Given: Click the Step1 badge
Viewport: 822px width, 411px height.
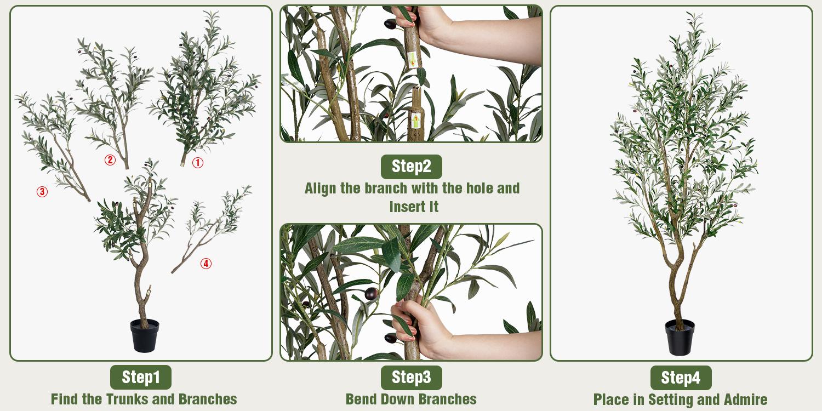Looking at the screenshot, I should pyautogui.click(x=141, y=377).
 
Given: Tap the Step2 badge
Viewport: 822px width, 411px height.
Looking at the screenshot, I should pyautogui.click(x=411, y=167).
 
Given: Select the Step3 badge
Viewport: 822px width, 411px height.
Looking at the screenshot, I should pyautogui.click(x=411, y=377).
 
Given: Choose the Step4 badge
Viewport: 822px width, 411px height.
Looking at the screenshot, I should pyautogui.click(x=681, y=378).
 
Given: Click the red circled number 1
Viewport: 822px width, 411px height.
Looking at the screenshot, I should pyautogui.click(x=197, y=163).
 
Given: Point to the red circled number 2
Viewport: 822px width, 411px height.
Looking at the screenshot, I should pyautogui.click(x=110, y=160).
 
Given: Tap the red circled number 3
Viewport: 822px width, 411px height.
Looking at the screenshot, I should pyautogui.click(x=42, y=192).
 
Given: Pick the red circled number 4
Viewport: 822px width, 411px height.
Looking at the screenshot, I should pyautogui.click(x=206, y=264).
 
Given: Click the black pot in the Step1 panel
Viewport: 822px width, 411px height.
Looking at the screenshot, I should pyautogui.click(x=144, y=335).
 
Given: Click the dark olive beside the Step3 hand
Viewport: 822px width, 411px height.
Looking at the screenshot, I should pyautogui.click(x=372, y=294).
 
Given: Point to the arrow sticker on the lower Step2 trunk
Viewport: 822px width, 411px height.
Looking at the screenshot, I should pyautogui.click(x=416, y=119).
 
